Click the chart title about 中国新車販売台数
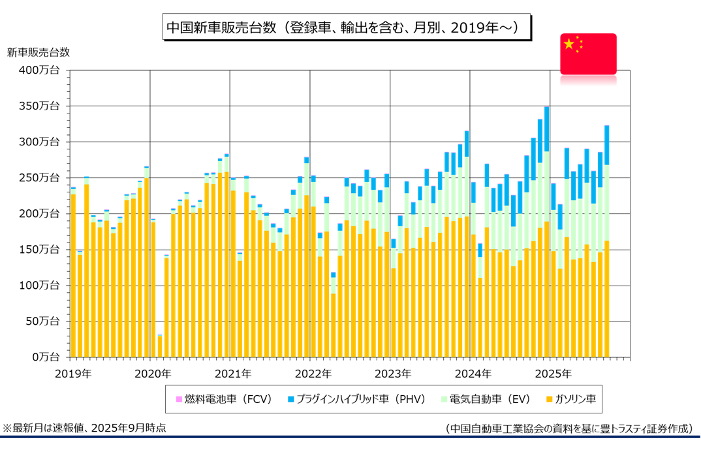(x=347, y=27)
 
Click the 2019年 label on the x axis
(x=73, y=374)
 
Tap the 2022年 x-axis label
(x=313, y=374)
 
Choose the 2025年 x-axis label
(x=553, y=374)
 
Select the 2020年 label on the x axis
(x=153, y=374)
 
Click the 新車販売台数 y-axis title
(x=38, y=52)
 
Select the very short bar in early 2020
(x=160, y=346)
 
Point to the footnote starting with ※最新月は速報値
(x=84, y=428)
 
